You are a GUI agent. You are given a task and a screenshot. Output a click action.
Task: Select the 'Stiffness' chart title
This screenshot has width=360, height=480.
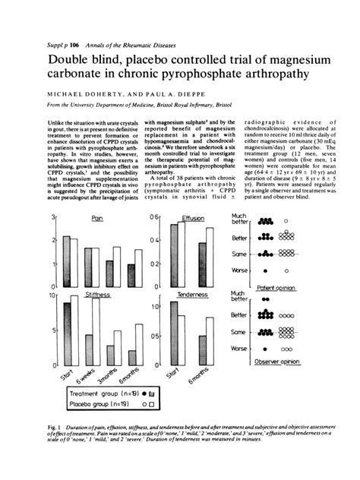pyautogui.click(x=96, y=292)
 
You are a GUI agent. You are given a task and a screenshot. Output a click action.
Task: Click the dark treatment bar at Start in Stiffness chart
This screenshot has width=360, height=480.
pyautogui.click(x=66, y=334)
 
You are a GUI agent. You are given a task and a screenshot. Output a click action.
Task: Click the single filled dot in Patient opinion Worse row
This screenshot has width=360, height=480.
pyautogui.click(x=264, y=271)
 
